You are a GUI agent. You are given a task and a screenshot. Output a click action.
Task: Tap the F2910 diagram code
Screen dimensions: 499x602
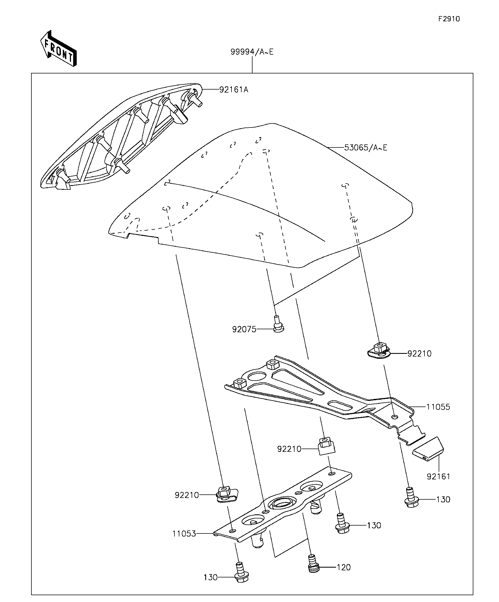(449, 19)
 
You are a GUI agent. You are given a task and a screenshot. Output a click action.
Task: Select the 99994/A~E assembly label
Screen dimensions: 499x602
(252, 52)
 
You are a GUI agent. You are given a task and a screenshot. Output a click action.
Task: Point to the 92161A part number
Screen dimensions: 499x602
(234, 90)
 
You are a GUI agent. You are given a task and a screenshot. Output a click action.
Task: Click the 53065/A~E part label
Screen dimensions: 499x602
(366, 148)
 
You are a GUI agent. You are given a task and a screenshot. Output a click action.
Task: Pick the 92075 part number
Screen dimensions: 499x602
(244, 329)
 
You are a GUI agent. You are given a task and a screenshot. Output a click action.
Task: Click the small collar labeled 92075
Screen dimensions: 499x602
(278, 324)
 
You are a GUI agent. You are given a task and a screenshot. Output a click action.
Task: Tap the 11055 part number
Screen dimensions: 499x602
(438, 407)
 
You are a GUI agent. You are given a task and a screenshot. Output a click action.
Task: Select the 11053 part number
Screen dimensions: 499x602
(184, 534)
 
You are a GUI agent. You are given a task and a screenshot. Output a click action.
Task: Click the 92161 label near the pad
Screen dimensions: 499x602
(438, 476)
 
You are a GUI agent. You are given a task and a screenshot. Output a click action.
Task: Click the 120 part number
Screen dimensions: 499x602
(344, 567)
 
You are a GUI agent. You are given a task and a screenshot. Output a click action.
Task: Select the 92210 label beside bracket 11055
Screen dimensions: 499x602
(419, 354)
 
